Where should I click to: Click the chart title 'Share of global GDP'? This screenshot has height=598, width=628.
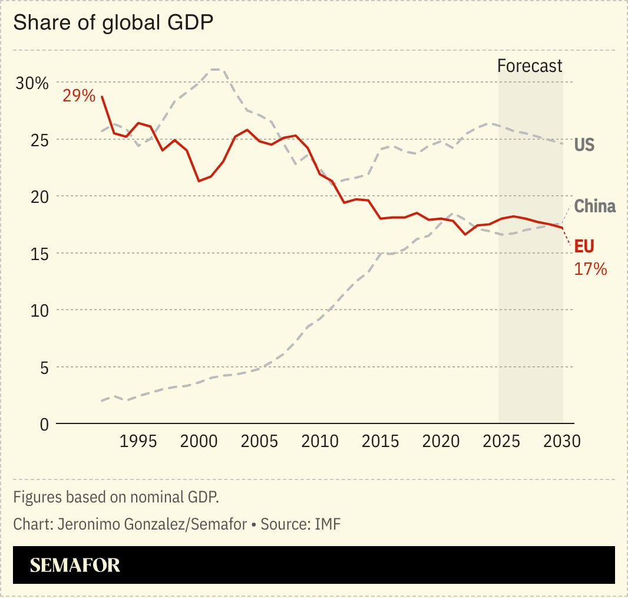pos(113,23)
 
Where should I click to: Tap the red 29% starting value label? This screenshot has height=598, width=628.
pos(78,95)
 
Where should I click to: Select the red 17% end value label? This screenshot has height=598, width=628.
pos(590,270)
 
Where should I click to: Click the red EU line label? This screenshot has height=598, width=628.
pos(584,247)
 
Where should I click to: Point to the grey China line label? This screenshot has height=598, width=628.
pos(594,206)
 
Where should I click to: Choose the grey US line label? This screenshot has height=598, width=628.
pos(584,144)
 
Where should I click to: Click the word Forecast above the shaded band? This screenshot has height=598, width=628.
pos(530,65)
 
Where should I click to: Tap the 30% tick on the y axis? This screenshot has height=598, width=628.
pos(32,83)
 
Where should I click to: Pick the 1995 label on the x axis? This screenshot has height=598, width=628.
pos(138,441)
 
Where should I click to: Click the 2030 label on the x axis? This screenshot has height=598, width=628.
pos(561,441)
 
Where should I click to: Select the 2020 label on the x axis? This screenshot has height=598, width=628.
pos(441,441)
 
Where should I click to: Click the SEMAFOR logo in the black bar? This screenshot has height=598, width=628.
pos(75,565)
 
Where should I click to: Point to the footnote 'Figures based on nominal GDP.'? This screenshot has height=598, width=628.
pos(116,497)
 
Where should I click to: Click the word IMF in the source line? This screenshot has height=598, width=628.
pos(327,524)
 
